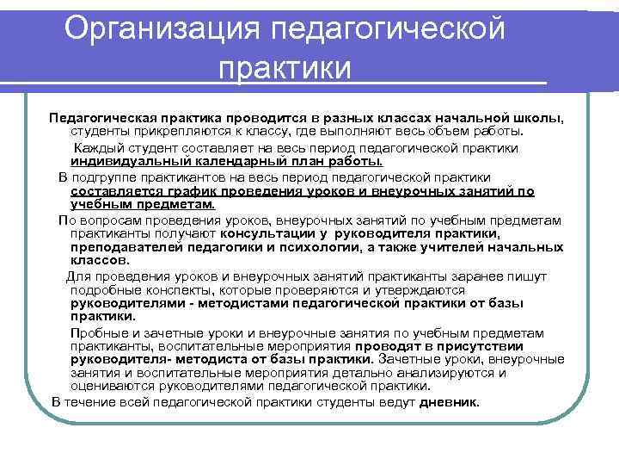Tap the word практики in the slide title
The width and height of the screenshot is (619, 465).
pos(285,67)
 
